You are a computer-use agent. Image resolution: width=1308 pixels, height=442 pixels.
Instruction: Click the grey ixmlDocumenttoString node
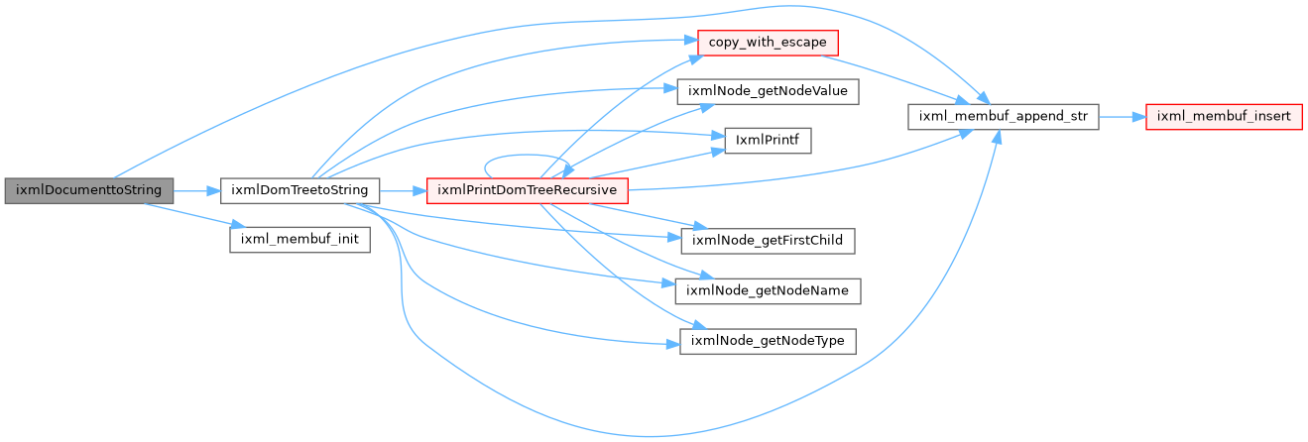(x=89, y=191)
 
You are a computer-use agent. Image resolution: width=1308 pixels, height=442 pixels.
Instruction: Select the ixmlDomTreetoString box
(x=299, y=191)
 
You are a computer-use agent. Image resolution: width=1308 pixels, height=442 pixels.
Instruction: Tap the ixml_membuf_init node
(x=299, y=240)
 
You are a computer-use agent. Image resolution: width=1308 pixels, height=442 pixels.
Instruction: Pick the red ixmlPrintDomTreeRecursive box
(x=528, y=191)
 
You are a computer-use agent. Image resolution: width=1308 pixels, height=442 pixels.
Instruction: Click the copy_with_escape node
(x=768, y=44)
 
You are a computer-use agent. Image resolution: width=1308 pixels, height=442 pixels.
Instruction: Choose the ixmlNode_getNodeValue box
(x=768, y=91)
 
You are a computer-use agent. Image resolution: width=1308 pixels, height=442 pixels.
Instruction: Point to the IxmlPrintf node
(x=768, y=141)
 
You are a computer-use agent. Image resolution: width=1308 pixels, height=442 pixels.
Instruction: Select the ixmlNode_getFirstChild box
(x=768, y=241)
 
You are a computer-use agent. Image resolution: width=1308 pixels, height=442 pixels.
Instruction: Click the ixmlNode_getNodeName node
(x=768, y=290)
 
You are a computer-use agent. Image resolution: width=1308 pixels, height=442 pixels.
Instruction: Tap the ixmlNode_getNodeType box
(x=768, y=341)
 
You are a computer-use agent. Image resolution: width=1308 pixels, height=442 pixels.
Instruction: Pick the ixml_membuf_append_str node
(x=1004, y=117)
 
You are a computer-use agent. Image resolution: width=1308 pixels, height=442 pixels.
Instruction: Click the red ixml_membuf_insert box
(x=1224, y=117)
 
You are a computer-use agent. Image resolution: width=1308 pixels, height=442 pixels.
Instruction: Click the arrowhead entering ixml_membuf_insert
(x=1139, y=117)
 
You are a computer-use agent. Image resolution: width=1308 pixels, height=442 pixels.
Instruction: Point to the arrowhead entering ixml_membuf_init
(x=238, y=225)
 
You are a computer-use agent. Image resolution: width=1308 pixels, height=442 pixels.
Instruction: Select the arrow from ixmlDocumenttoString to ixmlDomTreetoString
(x=196, y=191)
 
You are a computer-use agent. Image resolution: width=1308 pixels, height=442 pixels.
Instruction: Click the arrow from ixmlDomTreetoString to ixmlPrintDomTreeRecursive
(x=403, y=191)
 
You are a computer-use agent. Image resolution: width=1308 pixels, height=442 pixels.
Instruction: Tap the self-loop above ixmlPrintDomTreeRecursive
(x=527, y=155)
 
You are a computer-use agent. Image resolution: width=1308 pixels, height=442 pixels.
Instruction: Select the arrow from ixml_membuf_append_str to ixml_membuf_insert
(x=1123, y=117)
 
